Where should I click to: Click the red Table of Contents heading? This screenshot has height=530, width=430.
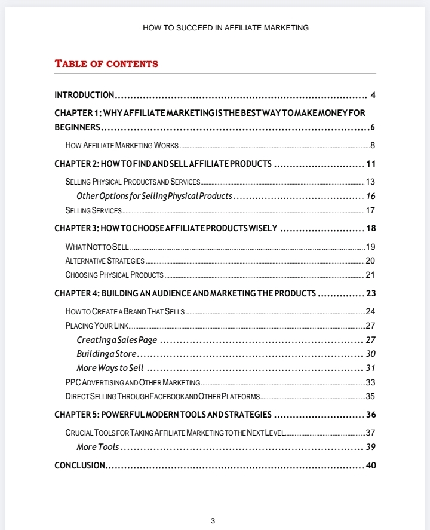106,63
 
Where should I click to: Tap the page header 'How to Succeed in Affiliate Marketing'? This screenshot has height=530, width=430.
226,27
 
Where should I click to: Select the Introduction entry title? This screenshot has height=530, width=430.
84,95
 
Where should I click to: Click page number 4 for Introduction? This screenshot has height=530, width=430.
373,95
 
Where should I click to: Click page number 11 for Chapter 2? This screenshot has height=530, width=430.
371,164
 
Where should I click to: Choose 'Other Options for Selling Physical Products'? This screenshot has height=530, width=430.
154,196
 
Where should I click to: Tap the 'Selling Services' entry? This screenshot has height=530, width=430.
93,210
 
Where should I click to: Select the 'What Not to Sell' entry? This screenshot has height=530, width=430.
97,247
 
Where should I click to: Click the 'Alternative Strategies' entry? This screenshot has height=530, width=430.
105,261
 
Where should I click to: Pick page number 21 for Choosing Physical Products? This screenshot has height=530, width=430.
370,275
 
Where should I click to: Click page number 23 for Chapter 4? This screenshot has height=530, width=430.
371,293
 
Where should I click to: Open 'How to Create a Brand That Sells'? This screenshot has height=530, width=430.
125,311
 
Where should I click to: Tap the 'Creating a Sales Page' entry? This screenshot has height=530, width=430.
116,340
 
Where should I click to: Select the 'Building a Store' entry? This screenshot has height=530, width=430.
106,354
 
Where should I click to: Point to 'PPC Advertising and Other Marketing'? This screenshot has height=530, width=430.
132,382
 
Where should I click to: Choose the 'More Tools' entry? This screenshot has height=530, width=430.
97,447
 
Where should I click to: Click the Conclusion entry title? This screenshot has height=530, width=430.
80,465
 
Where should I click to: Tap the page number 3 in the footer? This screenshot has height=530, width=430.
213,520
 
